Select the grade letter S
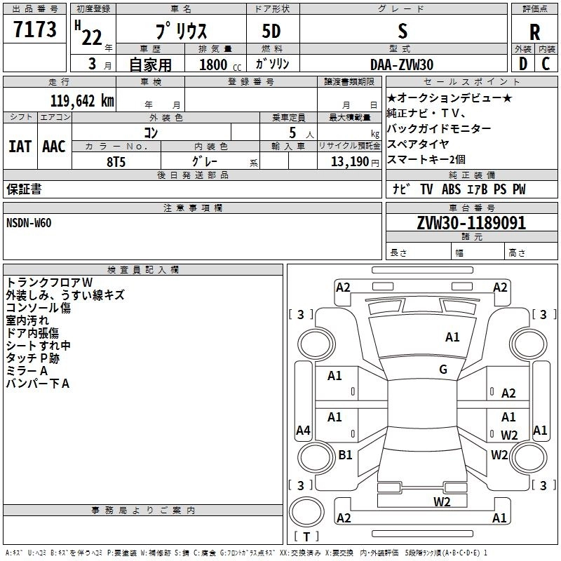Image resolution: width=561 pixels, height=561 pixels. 402,32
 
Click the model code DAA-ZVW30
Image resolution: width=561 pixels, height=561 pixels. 402,64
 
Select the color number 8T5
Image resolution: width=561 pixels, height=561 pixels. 117,161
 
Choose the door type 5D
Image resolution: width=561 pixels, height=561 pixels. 271,32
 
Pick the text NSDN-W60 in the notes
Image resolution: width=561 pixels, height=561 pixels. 29,223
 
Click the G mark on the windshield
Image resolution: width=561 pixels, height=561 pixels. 442,370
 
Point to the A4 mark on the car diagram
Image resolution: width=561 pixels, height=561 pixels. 303,430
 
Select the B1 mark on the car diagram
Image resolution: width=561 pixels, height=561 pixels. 345,454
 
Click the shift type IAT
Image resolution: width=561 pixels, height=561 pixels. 20,146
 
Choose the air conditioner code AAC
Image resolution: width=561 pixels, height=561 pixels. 53,146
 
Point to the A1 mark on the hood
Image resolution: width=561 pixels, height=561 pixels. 452,337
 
